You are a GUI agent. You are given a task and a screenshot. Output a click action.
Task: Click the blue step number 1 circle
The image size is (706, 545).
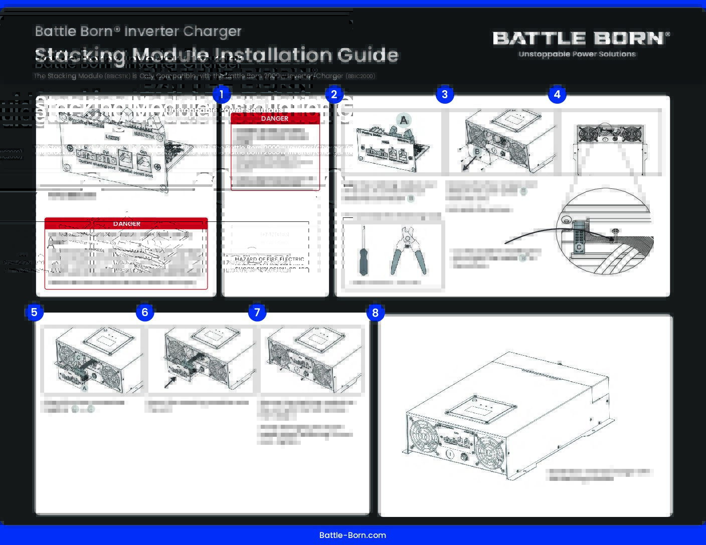coord(221,94)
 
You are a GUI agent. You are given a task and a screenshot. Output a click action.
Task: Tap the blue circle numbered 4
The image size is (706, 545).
coord(557,94)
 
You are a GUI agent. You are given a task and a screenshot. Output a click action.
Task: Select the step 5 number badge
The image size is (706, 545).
coord(34,313)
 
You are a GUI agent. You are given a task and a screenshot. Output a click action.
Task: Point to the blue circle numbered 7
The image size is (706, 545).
coord(257,313)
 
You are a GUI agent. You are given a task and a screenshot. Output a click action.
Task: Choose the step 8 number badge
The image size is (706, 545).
coord(375,313)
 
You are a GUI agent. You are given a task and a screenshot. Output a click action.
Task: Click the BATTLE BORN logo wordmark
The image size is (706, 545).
coord(581,38)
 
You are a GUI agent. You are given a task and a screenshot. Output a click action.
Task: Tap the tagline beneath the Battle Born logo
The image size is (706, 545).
coord(577,54)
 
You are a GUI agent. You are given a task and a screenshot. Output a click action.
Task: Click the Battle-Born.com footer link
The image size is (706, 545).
coord(352,535)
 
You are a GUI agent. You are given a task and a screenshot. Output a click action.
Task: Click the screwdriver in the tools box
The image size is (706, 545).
coord(364,251)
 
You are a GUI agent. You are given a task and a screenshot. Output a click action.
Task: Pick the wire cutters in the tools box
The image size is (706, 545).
coord(408,251)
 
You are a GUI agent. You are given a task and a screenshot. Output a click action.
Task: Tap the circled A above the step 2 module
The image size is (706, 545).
coord(404,120)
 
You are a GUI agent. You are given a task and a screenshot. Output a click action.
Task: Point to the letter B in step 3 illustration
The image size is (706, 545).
coord(477,152)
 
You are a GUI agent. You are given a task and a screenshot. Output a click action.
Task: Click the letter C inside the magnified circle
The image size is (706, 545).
coord(579,247)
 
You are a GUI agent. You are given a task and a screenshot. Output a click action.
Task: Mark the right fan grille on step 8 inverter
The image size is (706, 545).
coord(490,453)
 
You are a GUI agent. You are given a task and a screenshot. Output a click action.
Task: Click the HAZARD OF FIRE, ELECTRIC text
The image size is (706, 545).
coord(269,259)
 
